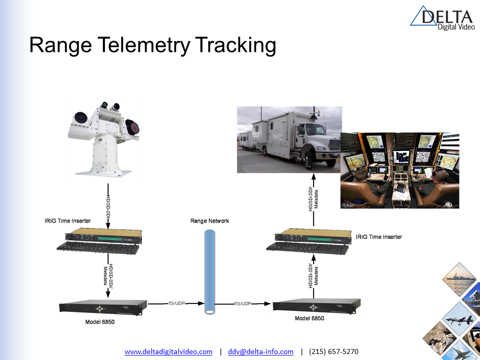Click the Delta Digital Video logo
point(442,18)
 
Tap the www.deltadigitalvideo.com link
point(168,351)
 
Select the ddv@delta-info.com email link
point(260,351)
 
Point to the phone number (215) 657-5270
point(333,351)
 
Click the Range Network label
point(209,220)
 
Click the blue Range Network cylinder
point(209,272)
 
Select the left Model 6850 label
point(100,321)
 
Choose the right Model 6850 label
point(309,318)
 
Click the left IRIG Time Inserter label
point(67,220)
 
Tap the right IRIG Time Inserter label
point(379,236)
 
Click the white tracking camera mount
point(103,139)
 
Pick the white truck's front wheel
point(308,159)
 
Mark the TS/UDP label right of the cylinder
point(243,303)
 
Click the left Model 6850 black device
point(103,307)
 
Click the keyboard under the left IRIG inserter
point(98,247)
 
